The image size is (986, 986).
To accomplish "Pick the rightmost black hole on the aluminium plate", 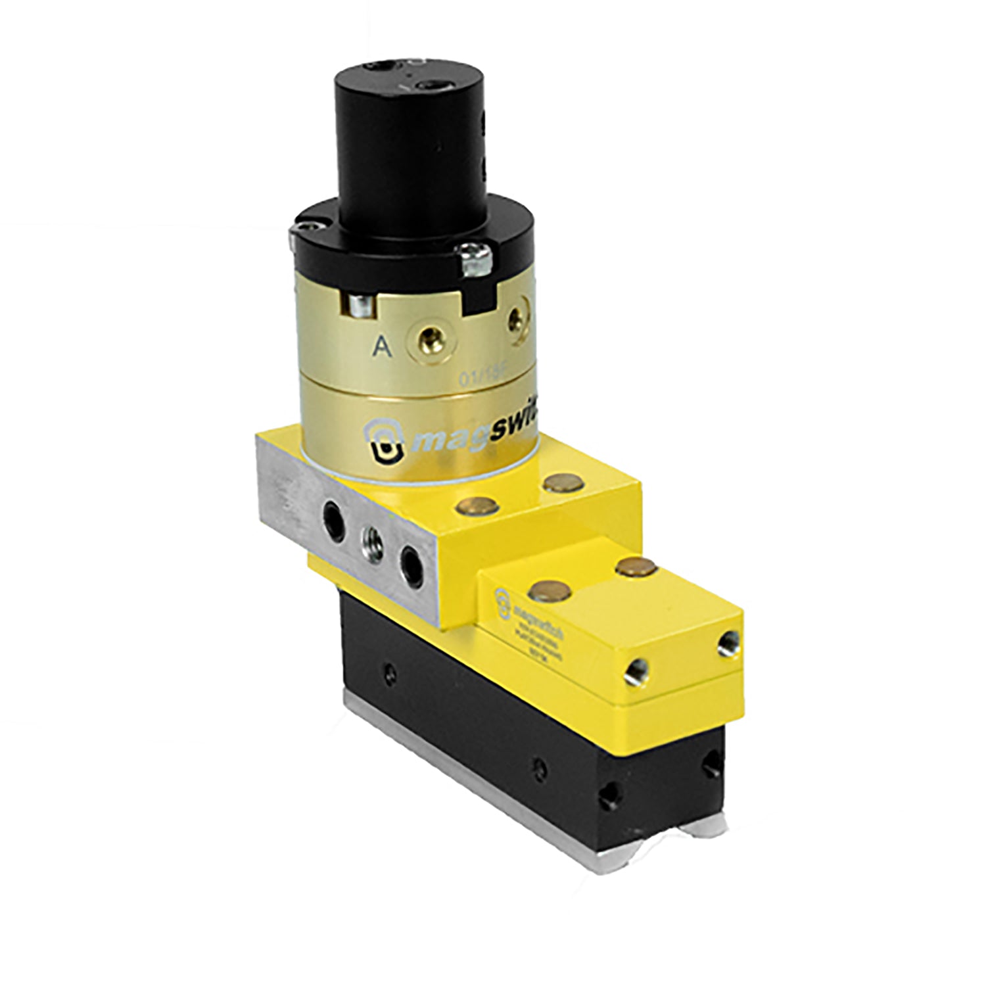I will pos(412,563).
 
